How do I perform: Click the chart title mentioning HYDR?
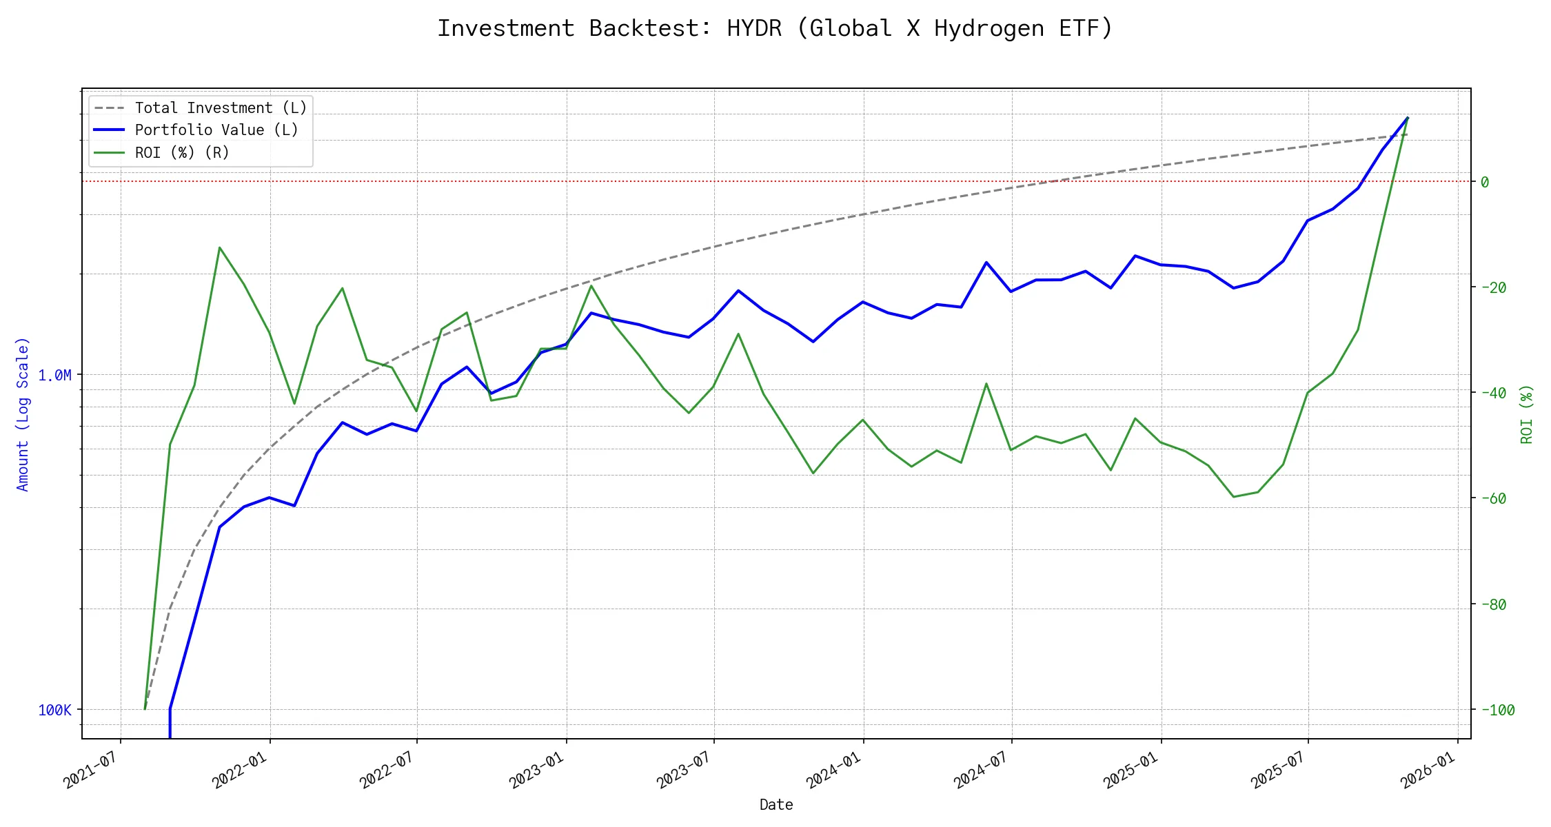(x=775, y=28)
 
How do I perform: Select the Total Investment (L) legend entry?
(x=221, y=108)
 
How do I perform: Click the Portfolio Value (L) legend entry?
(x=216, y=130)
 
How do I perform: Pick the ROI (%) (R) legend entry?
(x=182, y=152)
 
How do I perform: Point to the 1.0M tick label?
(x=54, y=376)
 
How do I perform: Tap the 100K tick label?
(x=54, y=711)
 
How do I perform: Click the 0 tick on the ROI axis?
(x=1485, y=182)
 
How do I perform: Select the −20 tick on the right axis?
(x=1493, y=287)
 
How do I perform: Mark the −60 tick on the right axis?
(x=1493, y=498)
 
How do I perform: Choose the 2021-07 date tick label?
(x=90, y=770)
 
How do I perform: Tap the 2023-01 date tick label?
(x=536, y=770)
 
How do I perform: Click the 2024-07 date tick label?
(x=980, y=770)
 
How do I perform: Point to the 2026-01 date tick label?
(x=1427, y=770)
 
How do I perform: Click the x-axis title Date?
(x=776, y=805)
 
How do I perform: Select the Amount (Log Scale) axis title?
(x=23, y=414)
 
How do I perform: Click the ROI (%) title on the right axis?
(x=1527, y=414)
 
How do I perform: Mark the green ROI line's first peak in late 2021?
(x=219, y=247)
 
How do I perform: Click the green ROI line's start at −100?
(x=145, y=708)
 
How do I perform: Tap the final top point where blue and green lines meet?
(x=1408, y=118)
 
